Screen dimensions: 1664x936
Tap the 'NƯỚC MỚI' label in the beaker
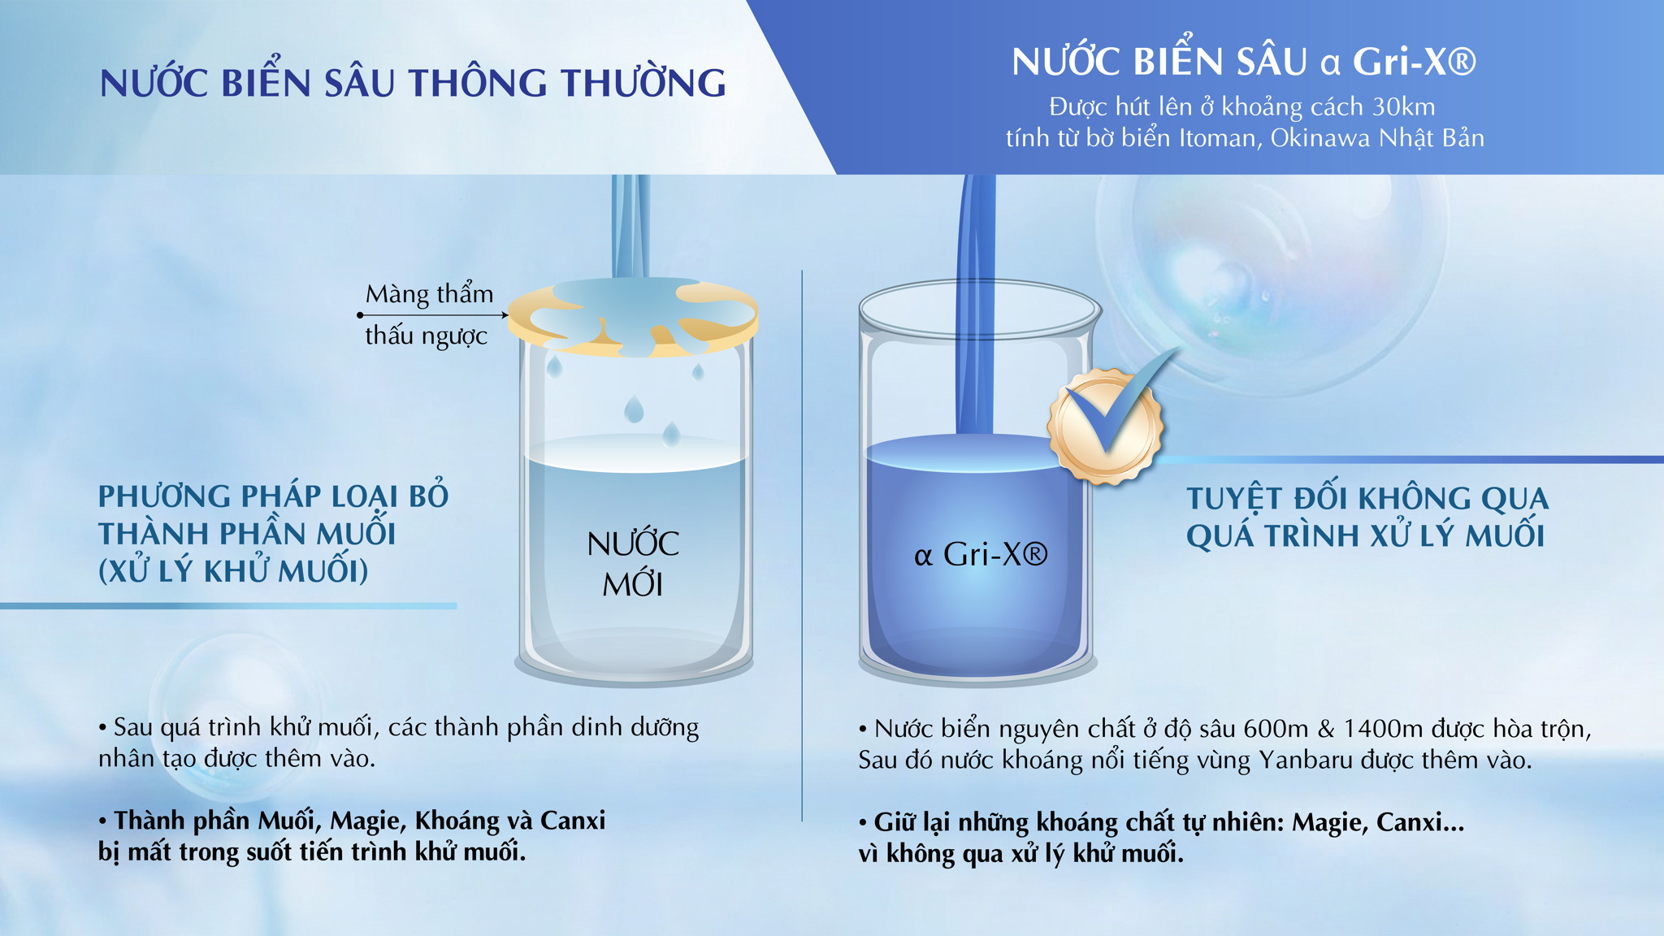(633, 563)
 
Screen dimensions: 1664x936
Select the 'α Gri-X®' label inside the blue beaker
(981, 555)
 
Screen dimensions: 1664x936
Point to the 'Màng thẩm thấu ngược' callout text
(428, 314)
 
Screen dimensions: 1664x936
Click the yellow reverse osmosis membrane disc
(634, 318)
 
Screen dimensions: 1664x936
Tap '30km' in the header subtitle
(1404, 106)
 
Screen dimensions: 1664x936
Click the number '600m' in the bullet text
(1276, 729)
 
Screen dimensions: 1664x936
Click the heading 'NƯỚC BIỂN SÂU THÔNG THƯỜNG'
(413, 82)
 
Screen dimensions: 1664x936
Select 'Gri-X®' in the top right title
(1414, 62)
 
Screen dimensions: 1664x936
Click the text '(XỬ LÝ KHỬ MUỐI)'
(233, 570)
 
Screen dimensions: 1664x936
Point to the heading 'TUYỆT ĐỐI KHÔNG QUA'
(1367, 497)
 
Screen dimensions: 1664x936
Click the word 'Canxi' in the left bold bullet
(573, 821)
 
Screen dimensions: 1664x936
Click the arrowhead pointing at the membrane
(504, 315)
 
